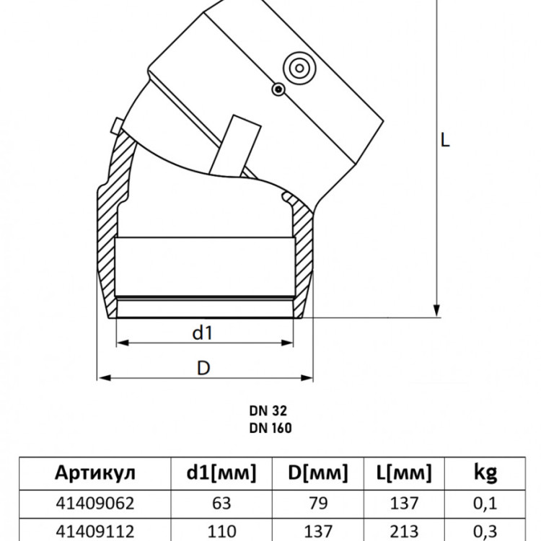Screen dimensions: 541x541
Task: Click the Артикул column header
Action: pyautogui.click(x=95, y=472)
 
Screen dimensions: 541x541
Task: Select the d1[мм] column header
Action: pyautogui.click(x=221, y=472)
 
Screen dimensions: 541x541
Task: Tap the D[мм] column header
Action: pyautogui.click(x=318, y=472)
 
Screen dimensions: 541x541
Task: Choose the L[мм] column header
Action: pyautogui.click(x=404, y=472)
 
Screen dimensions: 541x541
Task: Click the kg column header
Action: pyautogui.click(x=485, y=473)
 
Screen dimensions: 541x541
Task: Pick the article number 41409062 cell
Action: pyautogui.click(x=95, y=503)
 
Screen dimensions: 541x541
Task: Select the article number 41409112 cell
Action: pyautogui.click(x=95, y=532)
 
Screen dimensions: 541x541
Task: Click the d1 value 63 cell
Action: pyautogui.click(x=221, y=503)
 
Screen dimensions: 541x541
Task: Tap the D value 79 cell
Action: pyautogui.click(x=318, y=503)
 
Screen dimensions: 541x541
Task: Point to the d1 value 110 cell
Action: pyautogui.click(x=221, y=532)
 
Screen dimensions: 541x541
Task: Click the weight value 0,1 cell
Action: pyautogui.click(x=485, y=503)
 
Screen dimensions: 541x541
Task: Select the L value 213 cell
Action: pyautogui.click(x=404, y=532)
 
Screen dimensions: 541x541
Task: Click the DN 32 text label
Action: pyautogui.click(x=268, y=411)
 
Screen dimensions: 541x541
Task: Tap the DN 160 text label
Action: pyautogui.click(x=270, y=428)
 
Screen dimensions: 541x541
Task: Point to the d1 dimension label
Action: pyautogui.click(x=203, y=333)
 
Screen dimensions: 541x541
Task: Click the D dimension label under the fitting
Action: pyautogui.click(x=203, y=368)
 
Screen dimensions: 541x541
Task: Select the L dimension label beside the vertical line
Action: pyautogui.click(x=445, y=140)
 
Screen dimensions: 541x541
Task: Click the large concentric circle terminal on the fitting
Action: pyautogui.click(x=299, y=69)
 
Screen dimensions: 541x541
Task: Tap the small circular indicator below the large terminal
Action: pyautogui.click(x=278, y=89)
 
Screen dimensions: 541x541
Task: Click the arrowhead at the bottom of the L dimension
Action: pyautogui.click(x=436, y=310)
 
